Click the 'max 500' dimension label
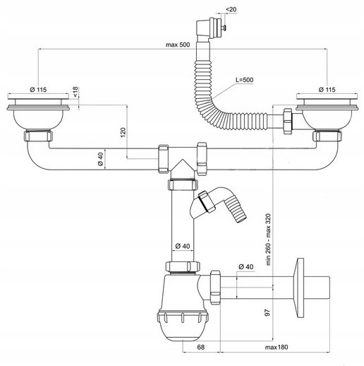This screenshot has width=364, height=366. [178, 45]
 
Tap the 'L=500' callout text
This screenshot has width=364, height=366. [245, 80]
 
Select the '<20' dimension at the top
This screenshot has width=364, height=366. [231, 9]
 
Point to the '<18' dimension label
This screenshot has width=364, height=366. [75, 92]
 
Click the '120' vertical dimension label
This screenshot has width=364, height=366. [123, 132]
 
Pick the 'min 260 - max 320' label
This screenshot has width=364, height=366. [268, 240]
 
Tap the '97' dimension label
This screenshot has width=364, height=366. [267, 312]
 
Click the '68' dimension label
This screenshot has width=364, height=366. [201, 347]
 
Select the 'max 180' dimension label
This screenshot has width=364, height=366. [277, 347]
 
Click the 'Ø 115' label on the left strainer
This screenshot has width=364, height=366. [38, 90]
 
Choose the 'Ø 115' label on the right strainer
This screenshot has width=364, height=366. [327, 90]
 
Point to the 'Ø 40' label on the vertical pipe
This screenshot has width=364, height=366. [183, 246]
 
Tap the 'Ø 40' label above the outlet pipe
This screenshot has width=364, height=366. [246, 266]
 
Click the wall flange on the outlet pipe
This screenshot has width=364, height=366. [299, 288]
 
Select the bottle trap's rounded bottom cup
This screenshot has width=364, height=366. [183, 326]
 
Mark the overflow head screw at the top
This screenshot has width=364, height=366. [225, 28]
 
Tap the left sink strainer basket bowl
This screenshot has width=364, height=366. [38, 119]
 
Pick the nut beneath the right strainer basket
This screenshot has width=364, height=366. [327, 136]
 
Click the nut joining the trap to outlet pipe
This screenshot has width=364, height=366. [215, 288]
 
